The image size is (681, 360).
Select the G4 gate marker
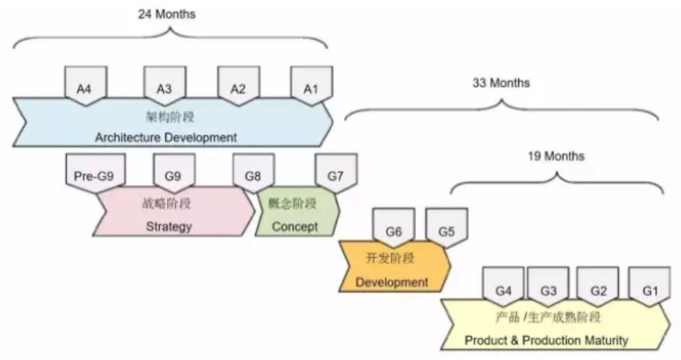[503, 289]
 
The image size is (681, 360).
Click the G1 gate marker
[650, 289]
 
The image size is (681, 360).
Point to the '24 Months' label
[166, 14]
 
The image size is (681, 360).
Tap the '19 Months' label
[556, 157]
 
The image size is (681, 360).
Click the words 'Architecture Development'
[166, 137]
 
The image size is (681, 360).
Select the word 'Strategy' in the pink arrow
[169, 226]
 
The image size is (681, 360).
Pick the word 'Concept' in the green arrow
[295, 226]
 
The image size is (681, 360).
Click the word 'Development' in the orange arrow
[392, 281]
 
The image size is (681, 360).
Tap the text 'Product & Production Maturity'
[546, 340]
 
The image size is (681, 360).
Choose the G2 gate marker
[598, 289]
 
